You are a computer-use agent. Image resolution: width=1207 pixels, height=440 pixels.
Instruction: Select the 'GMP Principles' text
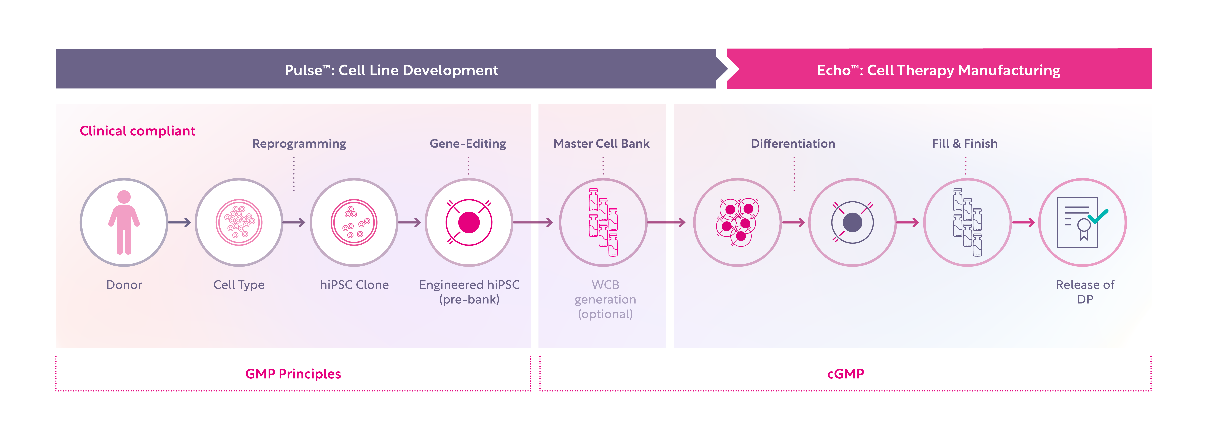(x=293, y=374)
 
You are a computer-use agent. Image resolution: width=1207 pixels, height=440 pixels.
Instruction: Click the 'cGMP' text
(x=845, y=374)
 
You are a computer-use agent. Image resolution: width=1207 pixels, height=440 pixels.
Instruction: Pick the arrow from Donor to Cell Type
(x=179, y=223)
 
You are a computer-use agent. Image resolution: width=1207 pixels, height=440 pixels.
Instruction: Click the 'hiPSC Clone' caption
(x=354, y=285)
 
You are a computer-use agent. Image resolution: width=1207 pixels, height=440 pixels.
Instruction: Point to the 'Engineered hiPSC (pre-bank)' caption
(x=469, y=292)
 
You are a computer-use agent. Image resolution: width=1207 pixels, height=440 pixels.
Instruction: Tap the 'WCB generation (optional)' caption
(x=605, y=299)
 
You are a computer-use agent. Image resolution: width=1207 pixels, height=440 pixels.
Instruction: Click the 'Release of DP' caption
(x=1085, y=292)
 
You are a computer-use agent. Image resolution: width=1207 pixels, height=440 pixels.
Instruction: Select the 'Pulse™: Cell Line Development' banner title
(x=391, y=70)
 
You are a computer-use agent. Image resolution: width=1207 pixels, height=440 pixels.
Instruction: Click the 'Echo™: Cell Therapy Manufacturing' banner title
(x=938, y=70)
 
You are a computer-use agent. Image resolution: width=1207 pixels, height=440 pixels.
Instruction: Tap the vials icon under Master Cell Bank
(x=603, y=223)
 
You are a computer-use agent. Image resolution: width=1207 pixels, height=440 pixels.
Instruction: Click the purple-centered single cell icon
(x=852, y=223)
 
